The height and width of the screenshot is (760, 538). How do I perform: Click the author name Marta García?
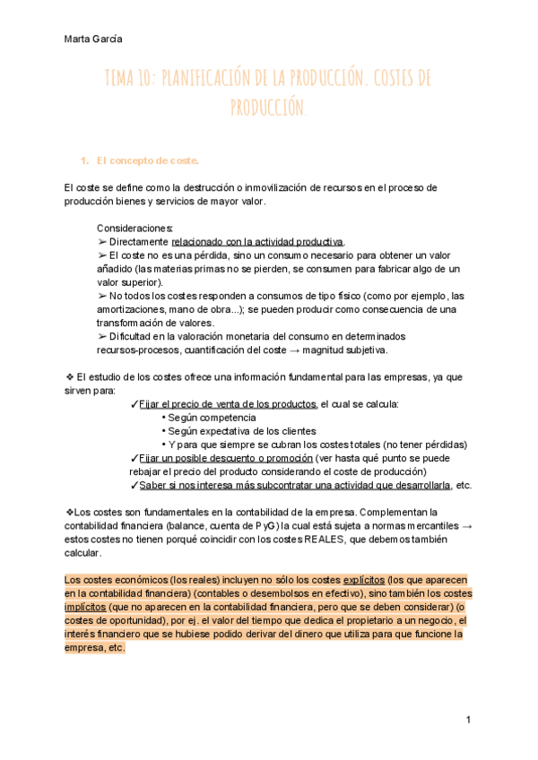pyautogui.click(x=94, y=39)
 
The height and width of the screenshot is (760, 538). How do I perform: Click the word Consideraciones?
pyautogui.click(x=134, y=228)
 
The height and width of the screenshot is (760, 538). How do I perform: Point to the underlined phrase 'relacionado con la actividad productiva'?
pyautogui.click(x=257, y=242)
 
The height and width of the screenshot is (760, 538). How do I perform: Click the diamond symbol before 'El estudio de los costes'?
pyautogui.click(x=69, y=377)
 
